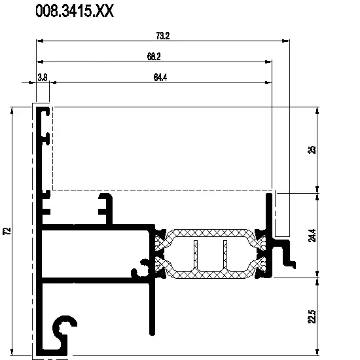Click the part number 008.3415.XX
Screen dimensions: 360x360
(75, 10)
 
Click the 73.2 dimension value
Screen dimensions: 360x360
(163, 36)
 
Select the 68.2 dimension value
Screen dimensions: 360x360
(154, 56)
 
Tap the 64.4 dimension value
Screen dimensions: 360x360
(160, 77)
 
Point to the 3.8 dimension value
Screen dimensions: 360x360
(43, 78)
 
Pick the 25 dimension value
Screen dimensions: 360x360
(312, 150)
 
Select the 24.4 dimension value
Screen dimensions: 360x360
(312, 236)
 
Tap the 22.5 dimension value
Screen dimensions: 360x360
(312, 317)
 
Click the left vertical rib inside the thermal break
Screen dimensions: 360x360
(196, 254)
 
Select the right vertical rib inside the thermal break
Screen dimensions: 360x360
(225, 254)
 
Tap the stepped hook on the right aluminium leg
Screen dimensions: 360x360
(286, 253)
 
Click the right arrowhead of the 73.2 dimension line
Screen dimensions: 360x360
(286, 41)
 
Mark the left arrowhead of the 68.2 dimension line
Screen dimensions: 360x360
(40, 62)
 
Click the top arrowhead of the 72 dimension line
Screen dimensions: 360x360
(12, 111)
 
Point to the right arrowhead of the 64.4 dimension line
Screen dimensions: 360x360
(268, 82)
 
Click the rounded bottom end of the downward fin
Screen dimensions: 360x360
(152, 333)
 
